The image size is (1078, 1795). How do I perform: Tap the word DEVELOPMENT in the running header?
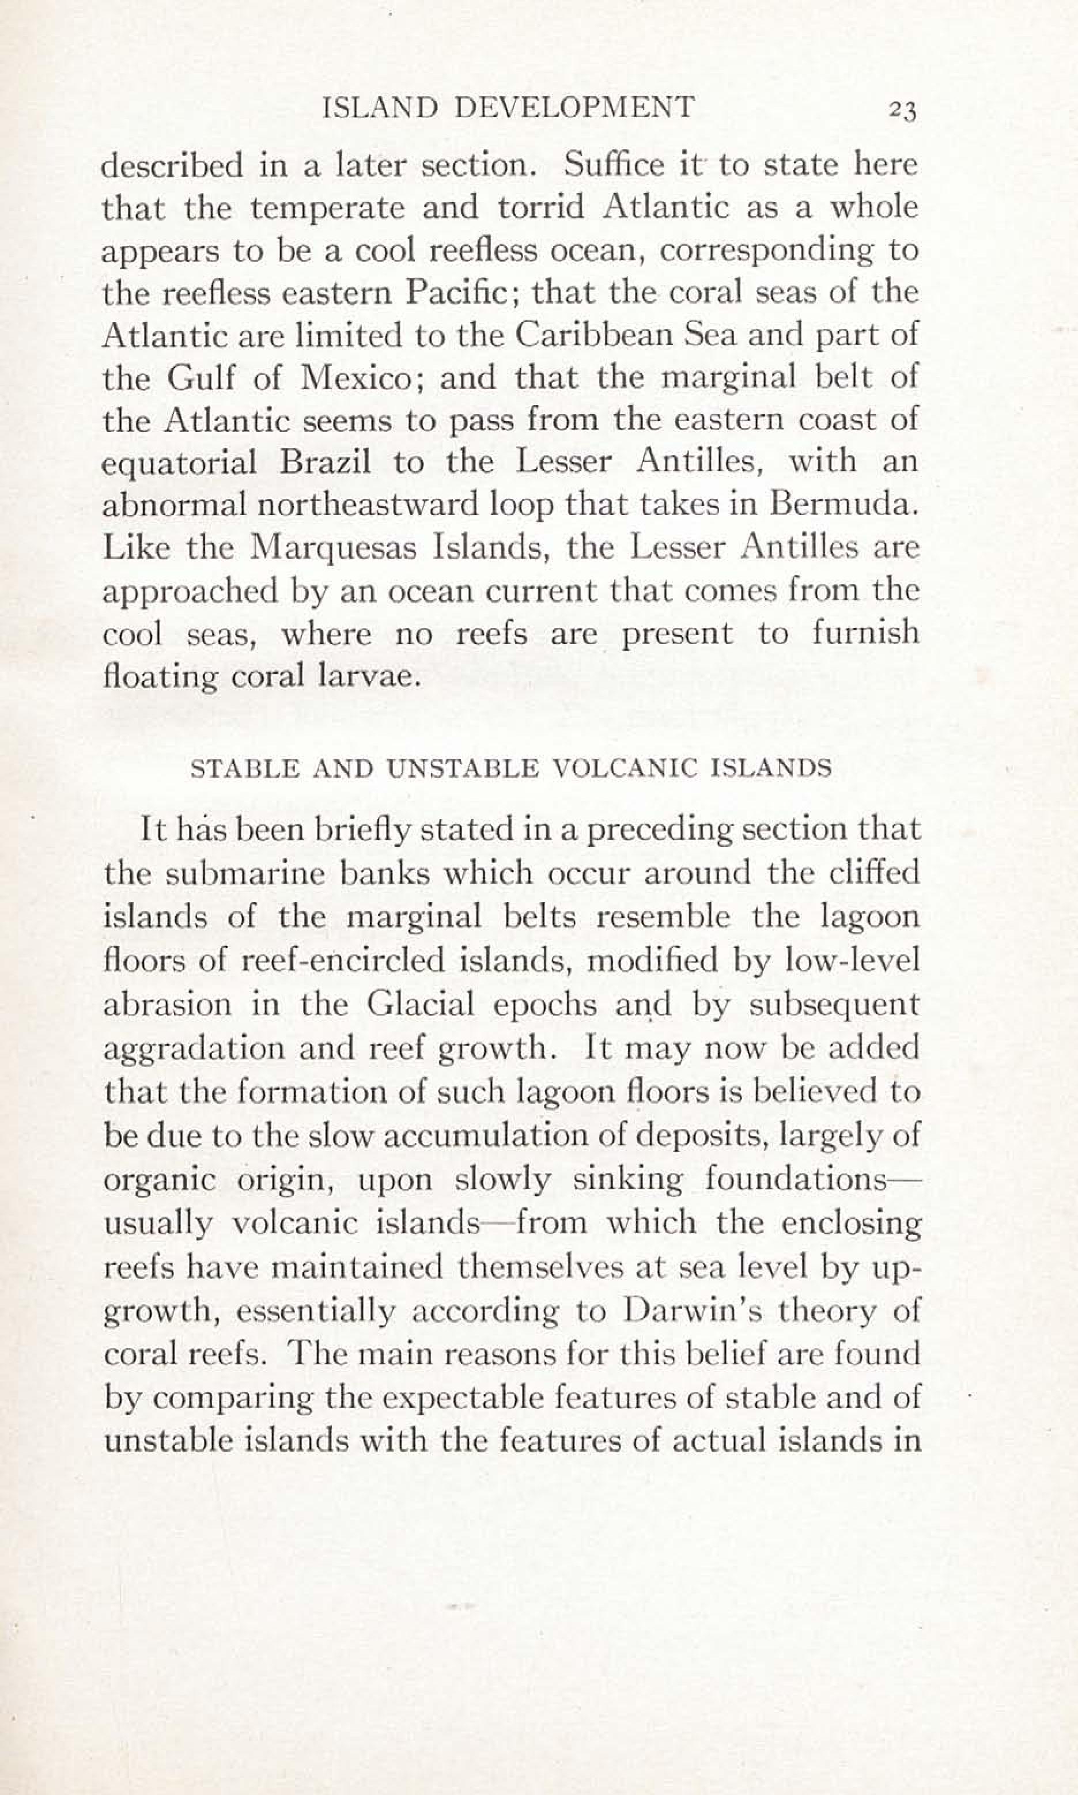[574, 108]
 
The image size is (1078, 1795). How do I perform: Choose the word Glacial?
[421, 1003]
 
